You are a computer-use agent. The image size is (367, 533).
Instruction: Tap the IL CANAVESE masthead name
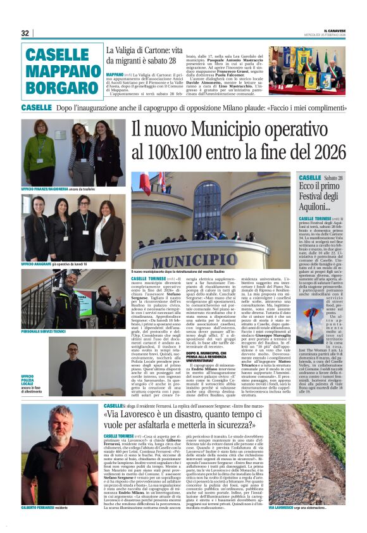click(x=341, y=30)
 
